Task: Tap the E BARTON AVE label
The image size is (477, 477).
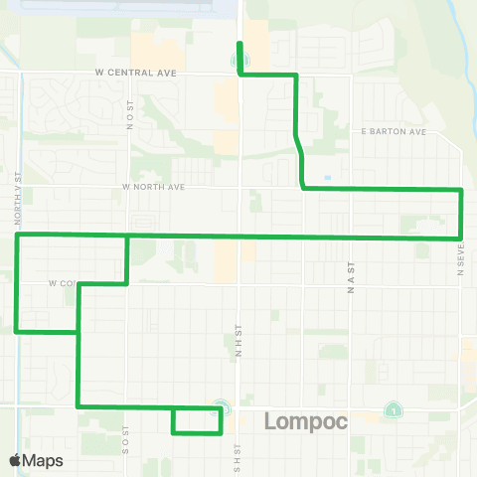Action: click(394, 131)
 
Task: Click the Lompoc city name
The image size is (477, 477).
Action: click(306, 421)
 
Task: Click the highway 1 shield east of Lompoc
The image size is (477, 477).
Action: click(395, 410)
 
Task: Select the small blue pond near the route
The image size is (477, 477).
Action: click(328, 179)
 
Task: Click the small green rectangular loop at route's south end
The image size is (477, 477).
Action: click(197, 421)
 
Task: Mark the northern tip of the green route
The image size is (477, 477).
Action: click(238, 43)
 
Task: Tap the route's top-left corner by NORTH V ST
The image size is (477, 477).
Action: click(18, 235)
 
